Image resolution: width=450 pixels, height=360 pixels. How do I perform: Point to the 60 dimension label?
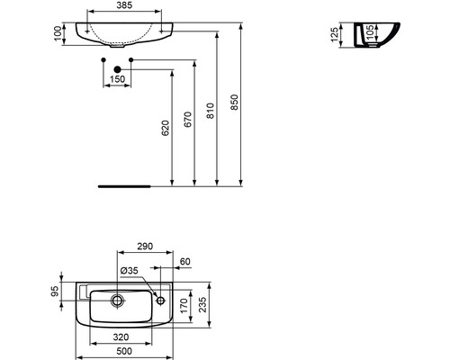[x=185, y=263]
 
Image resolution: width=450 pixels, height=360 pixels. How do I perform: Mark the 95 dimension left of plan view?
[x=55, y=292]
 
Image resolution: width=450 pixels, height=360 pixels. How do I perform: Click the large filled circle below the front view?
[x=117, y=68]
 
